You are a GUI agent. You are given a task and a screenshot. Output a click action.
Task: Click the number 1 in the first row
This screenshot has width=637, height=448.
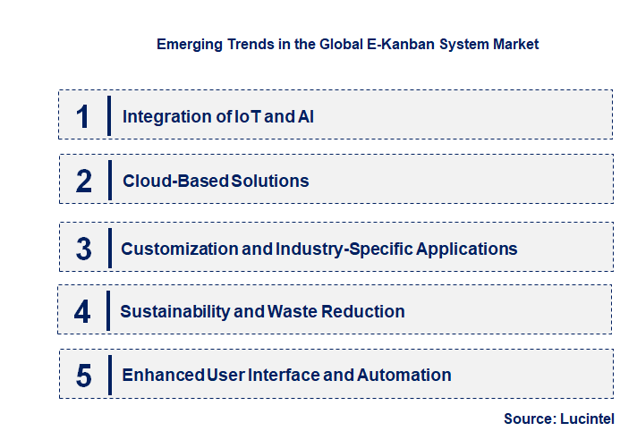[83, 115]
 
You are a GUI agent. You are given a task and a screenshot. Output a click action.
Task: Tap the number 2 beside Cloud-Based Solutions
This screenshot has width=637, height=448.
[84, 181]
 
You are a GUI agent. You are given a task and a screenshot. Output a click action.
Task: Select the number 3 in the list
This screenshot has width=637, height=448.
[83, 249]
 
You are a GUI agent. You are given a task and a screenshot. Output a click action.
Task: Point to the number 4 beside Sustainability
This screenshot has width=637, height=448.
[82, 311]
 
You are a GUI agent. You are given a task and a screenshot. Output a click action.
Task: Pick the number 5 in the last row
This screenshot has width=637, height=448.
[83, 375]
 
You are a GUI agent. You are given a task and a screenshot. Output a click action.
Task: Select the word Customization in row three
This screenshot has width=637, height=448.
[180, 249]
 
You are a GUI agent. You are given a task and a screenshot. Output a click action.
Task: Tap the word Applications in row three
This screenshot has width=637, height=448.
[468, 249]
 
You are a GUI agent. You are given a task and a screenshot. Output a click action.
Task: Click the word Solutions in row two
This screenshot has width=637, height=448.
[270, 181]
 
